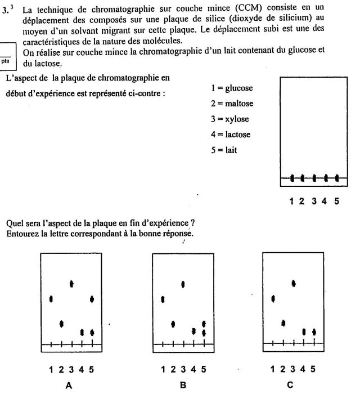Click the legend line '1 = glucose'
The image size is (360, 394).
click(x=232, y=88)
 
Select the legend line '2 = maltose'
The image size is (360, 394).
click(x=232, y=104)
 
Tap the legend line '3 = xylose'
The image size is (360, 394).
click(x=229, y=119)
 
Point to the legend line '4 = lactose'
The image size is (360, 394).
click(x=231, y=135)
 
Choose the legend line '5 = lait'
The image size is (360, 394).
click(x=224, y=150)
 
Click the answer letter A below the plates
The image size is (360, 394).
click(x=69, y=386)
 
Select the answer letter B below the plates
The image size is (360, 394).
click(x=182, y=386)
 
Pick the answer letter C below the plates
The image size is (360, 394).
click(x=290, y=386)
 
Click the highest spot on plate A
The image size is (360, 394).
click(x=71, y=283)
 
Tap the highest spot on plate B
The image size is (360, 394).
click(x=183, y=283)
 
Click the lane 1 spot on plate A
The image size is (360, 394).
click(x=51, y=299)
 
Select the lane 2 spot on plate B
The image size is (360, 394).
click(x=173, y=324)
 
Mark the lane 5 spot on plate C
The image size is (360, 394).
click(x=314, y=332)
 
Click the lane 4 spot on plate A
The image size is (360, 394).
click(x=82, y=332)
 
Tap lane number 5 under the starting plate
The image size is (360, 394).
click(x=337, y=200)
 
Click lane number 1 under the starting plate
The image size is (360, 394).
click(x=292, y=200)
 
